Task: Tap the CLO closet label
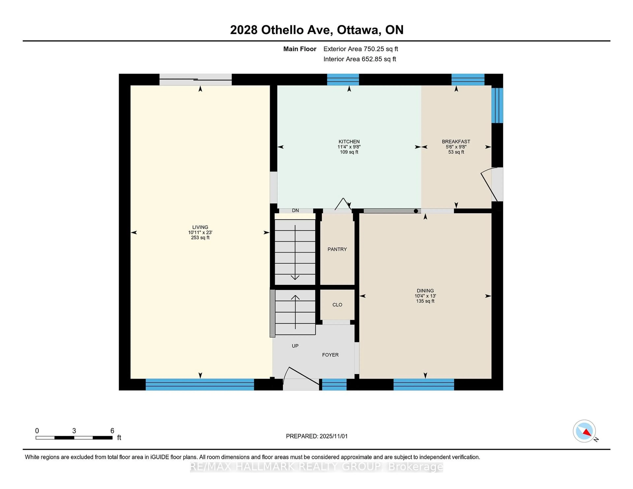tap(337, 305)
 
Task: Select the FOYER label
tap(330, 355)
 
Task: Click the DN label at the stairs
tap(295, 211)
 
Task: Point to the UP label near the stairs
tap(295, 346)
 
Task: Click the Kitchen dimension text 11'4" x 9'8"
tap(349, 147)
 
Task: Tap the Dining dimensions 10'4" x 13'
tap(425, 296)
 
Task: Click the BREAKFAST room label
tap(456, 142)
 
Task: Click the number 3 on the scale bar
tap(74, 431)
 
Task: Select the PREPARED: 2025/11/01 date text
tap(316, 436)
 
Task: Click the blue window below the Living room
tap(200, 384)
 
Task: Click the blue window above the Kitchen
tap(343, 79)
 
